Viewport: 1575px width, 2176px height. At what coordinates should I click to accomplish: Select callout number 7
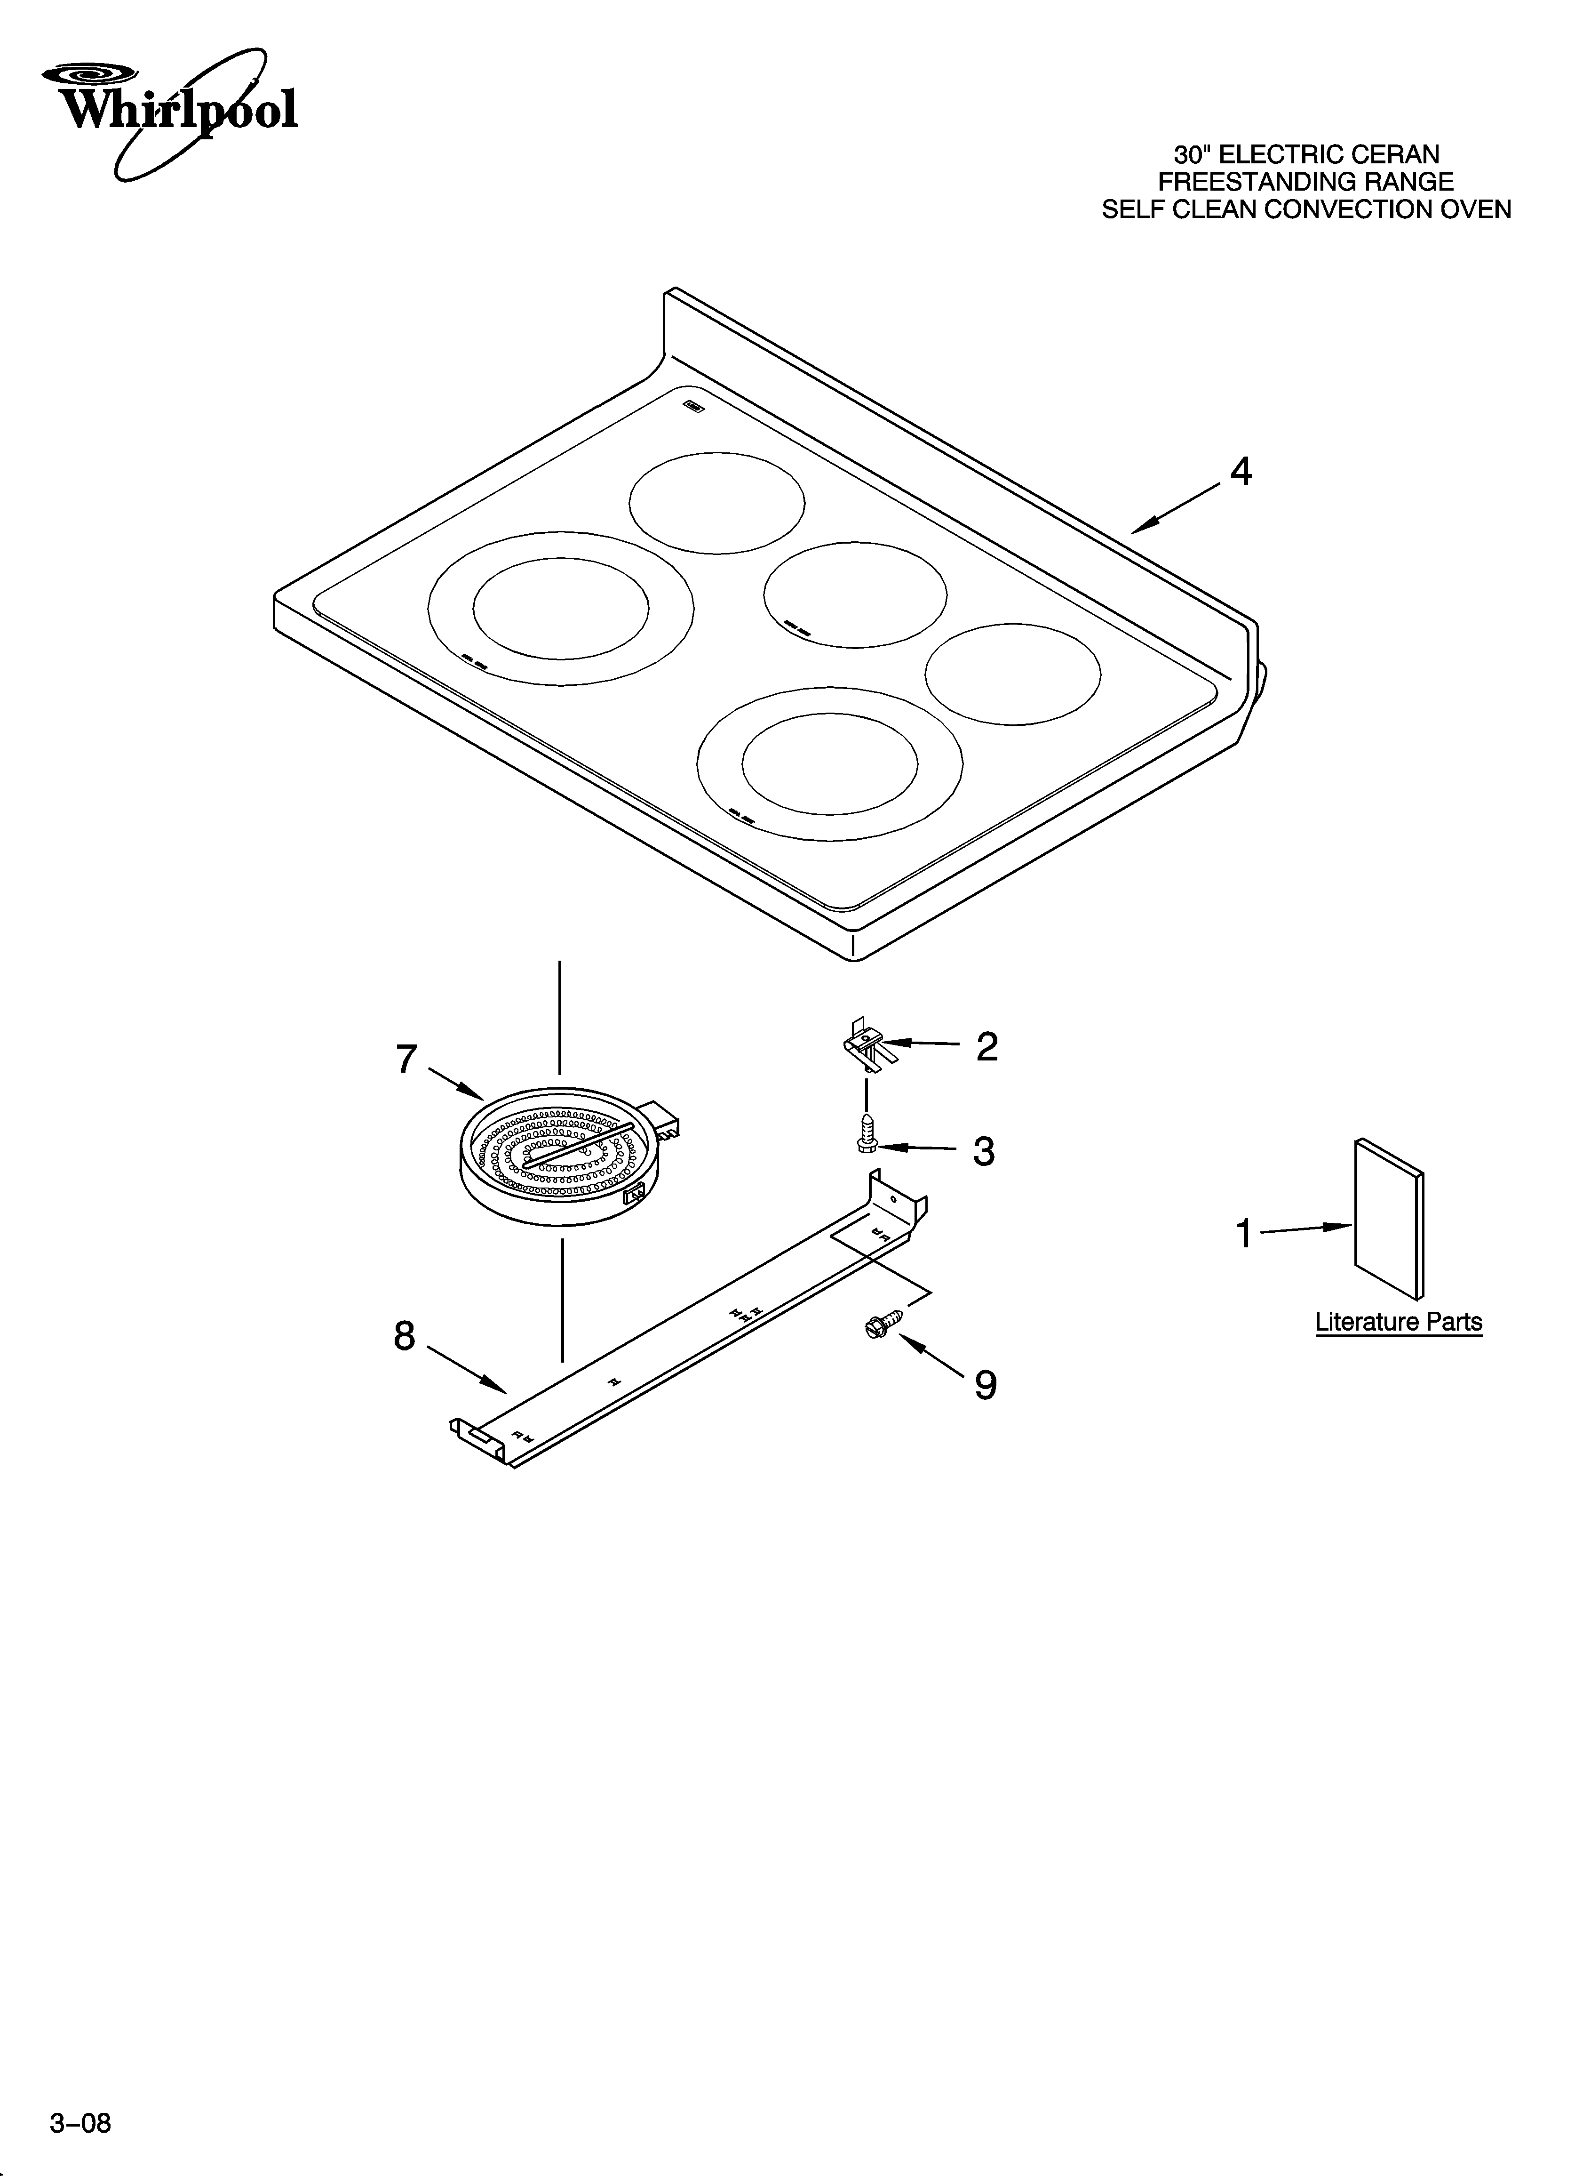pos(407,1059)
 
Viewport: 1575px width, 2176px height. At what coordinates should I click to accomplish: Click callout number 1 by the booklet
pos(1244,1234)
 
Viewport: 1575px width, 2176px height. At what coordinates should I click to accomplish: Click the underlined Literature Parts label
pos(1398,1322)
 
